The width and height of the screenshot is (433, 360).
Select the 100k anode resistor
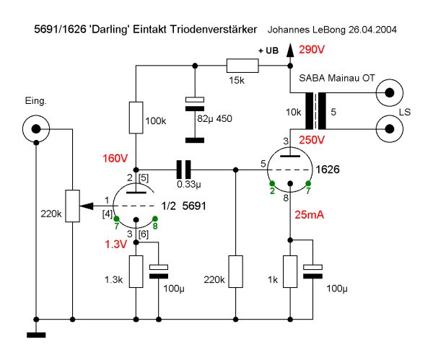tap(136, 118)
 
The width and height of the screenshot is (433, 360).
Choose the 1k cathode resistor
tap(289, 271)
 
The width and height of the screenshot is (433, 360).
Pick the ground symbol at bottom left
tap(35, 334)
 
